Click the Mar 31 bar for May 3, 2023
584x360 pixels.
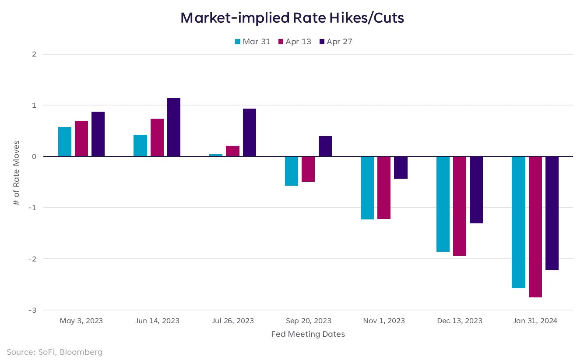coord(65,141)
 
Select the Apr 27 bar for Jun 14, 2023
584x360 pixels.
coord(174,127)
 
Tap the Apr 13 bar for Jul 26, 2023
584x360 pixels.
coord(232,151)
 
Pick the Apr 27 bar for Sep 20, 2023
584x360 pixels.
coord(325,146)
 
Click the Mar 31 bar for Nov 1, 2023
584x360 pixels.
coord(367,187)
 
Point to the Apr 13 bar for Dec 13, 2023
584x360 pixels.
coord(460,206)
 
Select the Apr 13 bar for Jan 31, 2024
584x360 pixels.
coord(535,226)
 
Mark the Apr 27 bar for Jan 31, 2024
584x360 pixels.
coord(552,213)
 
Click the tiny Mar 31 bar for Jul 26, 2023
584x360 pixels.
coord(216,155)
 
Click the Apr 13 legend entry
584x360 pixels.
coord(294,42)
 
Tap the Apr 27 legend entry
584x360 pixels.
coord(336,42)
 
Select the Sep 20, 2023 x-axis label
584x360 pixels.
coord(308,321)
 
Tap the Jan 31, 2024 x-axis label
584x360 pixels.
coord(535,321)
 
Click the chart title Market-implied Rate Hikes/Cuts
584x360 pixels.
coord(292,18)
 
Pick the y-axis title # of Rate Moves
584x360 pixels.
coord(17,173)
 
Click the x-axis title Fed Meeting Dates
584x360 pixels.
coord(308,334)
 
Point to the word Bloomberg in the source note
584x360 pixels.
coord(83,352)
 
